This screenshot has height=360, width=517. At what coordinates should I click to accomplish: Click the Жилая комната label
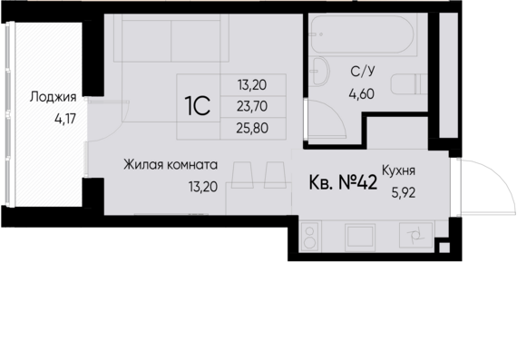tap(171, 166)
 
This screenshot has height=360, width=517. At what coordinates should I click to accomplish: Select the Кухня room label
tap(399, 169)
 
